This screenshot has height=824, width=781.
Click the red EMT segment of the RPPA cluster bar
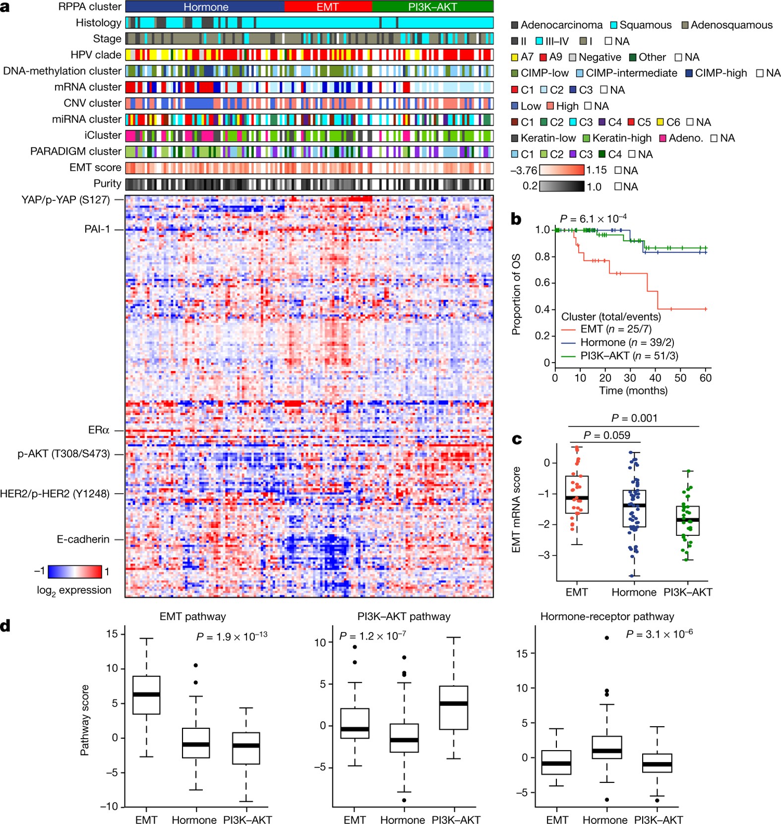[328, 7]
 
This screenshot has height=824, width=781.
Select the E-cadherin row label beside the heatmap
[83, 539]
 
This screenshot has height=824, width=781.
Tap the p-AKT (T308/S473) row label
[63, 454]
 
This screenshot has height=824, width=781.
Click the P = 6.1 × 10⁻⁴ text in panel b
[593, 219]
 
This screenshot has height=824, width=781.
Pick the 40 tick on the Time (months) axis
[655, 378]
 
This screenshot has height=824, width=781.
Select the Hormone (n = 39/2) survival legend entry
[627, 342]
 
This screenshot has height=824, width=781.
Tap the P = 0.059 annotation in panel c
[606, 436]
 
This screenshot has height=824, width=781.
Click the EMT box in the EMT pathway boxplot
[146, 695]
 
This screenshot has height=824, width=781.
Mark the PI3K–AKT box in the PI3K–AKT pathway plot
[453, 707]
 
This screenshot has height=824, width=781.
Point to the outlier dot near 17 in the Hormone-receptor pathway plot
[607, 637]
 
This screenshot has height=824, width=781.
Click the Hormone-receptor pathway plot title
[607, 617]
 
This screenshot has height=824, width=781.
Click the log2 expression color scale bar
[75, 572]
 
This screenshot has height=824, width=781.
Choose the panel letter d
[5, 626]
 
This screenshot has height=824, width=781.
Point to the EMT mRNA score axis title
[516, 509]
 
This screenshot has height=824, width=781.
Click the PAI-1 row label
[97, 229]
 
